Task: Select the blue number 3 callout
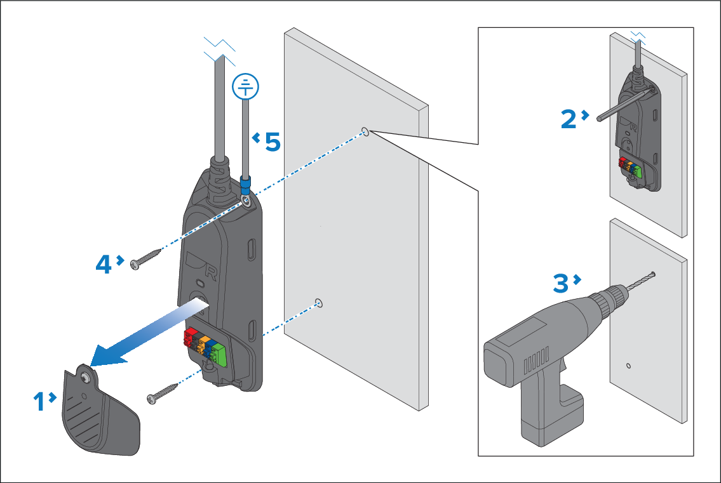pos(560,282)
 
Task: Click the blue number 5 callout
pos(272,142)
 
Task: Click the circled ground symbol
pos(246,86)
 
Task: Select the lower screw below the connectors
pos(163,392)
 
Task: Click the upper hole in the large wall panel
pos(365,131)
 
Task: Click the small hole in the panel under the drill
pos(628,366)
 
